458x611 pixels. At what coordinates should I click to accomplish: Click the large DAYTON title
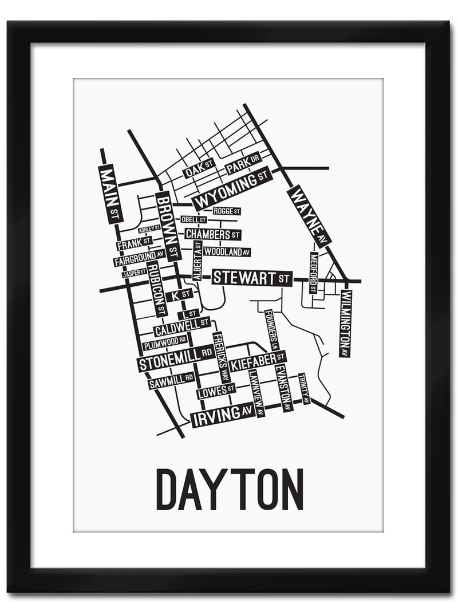coord(230,489)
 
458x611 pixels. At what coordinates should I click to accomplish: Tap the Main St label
coord(110,194)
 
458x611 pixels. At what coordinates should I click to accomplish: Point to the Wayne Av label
coord(309,216)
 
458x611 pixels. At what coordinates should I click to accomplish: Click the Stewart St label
coord(252,278)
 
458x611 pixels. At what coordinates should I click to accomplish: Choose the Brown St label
coord(168,226)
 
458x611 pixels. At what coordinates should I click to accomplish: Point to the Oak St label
coord(198,168)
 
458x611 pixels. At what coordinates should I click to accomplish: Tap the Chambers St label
coord(212,234)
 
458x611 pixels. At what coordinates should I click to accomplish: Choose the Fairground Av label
coord(139,258)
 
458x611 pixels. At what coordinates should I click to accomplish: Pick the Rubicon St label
coord(156,289)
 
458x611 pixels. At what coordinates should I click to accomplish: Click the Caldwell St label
coord(181,326)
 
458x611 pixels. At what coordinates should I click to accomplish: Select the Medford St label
coord(313,273)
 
